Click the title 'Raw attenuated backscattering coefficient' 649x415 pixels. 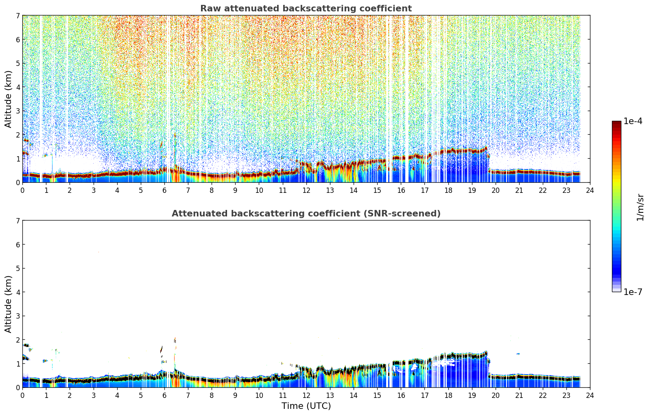[306, 9]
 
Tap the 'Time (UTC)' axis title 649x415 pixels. [306, 406]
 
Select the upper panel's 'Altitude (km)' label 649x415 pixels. [8, 99]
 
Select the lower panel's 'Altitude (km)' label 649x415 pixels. [8, 304]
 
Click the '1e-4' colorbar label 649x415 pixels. [633, 121]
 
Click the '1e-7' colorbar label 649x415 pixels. [633, 292]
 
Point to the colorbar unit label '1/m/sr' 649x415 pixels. [640, 208]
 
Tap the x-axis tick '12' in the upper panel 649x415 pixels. [306, 190]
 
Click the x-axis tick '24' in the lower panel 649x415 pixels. [590, 395]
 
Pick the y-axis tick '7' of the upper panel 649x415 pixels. [18, 15]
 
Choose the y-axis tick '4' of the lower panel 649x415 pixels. [18, 292]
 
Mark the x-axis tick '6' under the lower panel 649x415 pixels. [164, 395]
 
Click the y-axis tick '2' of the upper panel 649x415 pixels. [18, 135]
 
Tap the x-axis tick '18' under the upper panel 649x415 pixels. [448, 190]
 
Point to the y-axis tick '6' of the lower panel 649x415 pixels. [18, 245]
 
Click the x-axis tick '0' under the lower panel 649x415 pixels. [23, 395]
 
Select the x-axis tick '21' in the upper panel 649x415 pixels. [519, 190]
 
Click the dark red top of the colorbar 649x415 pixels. [616, 123]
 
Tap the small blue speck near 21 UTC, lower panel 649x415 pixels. [518, 354]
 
